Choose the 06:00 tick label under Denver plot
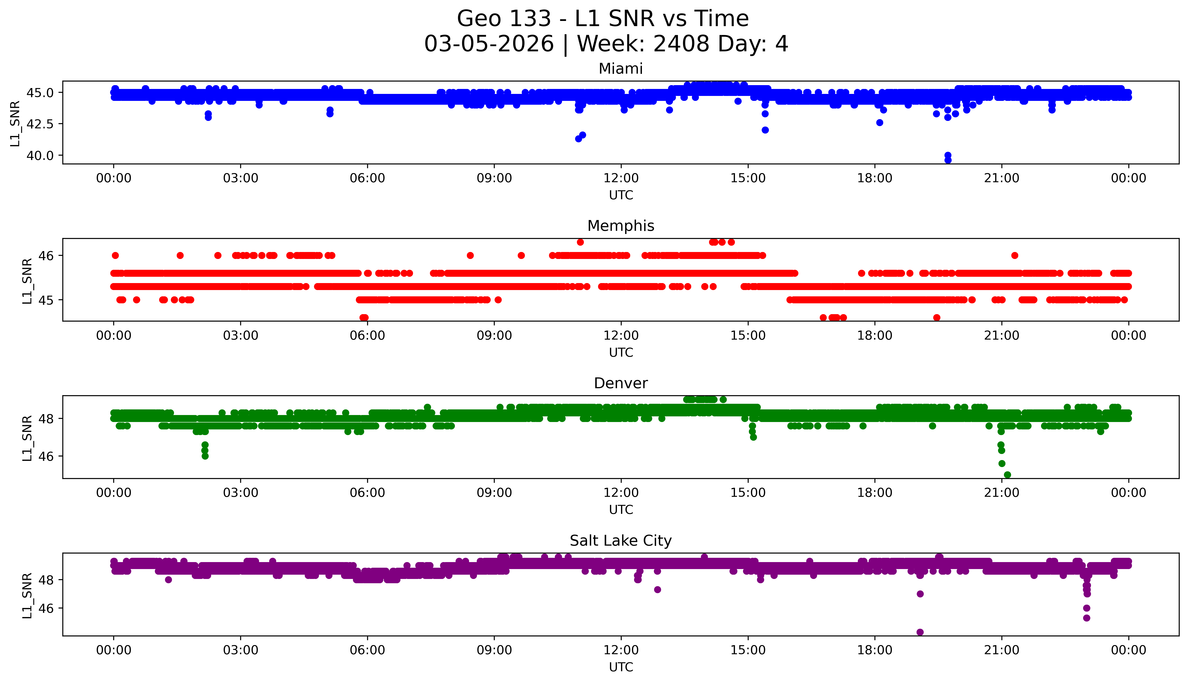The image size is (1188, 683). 367,493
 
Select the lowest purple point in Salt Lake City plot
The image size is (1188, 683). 920,632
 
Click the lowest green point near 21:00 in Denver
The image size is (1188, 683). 1007,475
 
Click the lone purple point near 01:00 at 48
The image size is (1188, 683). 168,580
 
